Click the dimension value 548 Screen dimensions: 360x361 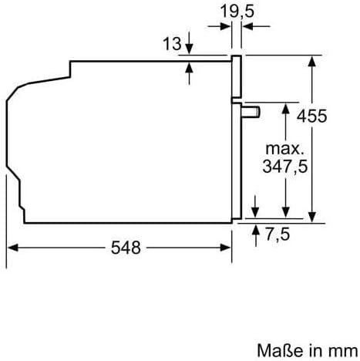click(x=126, y=248)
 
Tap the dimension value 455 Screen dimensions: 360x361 click(x=312, y=116)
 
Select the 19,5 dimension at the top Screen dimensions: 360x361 click(x=237, y=12)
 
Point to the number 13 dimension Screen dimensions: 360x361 click(x=172, y=43)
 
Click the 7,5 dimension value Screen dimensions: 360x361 click(x=278, y=234)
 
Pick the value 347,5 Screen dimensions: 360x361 click(x=285, y=167)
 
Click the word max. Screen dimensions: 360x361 click(x=284, y=149)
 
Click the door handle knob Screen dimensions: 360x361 click(x=251, y=112)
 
